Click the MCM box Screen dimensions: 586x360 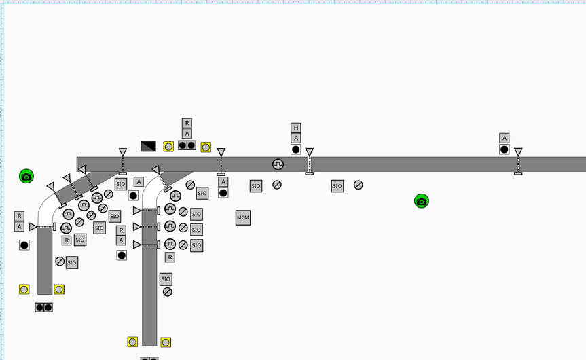coord(243,217)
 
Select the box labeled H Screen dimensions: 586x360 coord(296,128)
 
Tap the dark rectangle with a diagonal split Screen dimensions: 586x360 coord(148,146)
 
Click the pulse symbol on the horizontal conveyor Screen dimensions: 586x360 coord(278,164)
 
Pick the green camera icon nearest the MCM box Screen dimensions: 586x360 coord(422,201)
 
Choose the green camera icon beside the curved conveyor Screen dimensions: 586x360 coord(26,176)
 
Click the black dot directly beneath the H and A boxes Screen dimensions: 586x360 coord(296,149)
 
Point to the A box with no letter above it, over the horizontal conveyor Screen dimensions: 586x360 coord(504,138)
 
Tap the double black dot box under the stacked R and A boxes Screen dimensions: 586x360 coord(187,145)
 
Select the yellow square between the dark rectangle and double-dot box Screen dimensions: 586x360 coord(168,147)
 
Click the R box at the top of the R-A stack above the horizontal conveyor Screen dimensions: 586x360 coord(187,123)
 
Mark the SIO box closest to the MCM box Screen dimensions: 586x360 coord(256,186)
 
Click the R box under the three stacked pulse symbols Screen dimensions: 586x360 coord(170,257)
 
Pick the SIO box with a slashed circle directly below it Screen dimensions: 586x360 coord(166,279)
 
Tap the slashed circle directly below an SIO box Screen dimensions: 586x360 coord(168,292)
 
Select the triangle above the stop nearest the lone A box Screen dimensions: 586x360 coord(518,151)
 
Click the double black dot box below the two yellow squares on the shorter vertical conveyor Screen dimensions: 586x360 coord(44,307)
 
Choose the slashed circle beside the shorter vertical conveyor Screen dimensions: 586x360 coord(60,262)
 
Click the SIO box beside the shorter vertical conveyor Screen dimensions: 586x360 coord(72,262)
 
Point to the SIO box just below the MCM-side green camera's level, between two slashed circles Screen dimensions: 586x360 coord(337,186)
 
